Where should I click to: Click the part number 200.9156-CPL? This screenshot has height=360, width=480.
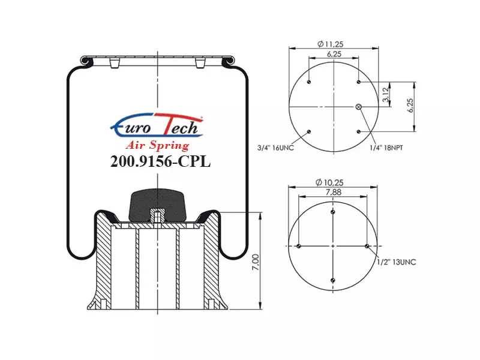tap(160, 161)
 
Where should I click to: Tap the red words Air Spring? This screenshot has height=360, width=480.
tap(158, 145)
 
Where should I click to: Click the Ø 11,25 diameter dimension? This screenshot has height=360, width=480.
tap(331, 44)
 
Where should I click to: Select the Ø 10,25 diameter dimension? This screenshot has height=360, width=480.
tap(329, 182)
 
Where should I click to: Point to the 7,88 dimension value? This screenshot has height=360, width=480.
tap(334, 192)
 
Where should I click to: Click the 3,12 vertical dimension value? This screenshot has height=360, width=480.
tap(386, 94)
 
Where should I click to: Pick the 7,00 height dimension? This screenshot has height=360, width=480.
tap(256, 262)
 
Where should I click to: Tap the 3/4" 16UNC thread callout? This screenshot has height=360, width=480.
tap(275, 148)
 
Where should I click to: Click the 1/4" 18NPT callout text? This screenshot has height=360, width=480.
tap(386, 148)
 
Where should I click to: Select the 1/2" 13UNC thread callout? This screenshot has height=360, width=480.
tap(397, 262)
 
